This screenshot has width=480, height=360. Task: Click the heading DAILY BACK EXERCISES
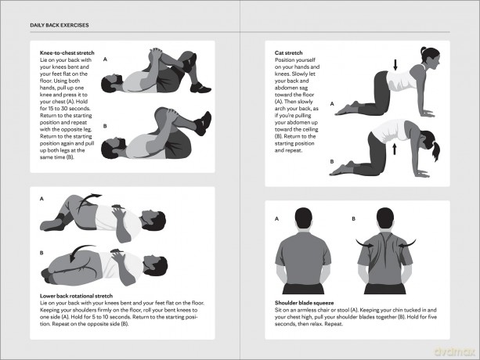(x=60, y=25)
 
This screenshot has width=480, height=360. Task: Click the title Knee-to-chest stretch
(x=67, y=52)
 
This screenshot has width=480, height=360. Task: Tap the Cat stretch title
(x=288, y=52)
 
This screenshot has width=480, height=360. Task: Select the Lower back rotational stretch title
(x=76, y=296)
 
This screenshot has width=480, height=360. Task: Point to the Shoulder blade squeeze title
(x=304, y=303)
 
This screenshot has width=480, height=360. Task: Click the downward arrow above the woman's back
(x=395, y=64)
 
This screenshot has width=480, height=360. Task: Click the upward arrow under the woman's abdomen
(x=395, y=149)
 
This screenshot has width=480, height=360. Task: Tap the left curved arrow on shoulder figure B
(x=364, y=243)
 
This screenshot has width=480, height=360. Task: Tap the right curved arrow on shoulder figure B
(x=407, y=243)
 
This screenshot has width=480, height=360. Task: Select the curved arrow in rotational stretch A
(x=86, y=200)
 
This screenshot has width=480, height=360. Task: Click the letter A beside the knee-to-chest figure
(x=105, y=59)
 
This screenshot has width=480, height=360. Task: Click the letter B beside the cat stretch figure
(x=332, y=161)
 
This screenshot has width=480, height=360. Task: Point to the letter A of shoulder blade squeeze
(x=276, y=218)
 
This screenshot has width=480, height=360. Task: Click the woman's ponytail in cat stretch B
(x=436, y=150)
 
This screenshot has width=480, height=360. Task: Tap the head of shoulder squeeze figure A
(x=303, y=218)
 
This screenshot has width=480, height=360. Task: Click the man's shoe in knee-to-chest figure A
(x=200, y=88)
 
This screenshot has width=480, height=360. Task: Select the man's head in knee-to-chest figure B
(x=113, y=148)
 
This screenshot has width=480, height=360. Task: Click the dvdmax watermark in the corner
(x=454, y=351)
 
